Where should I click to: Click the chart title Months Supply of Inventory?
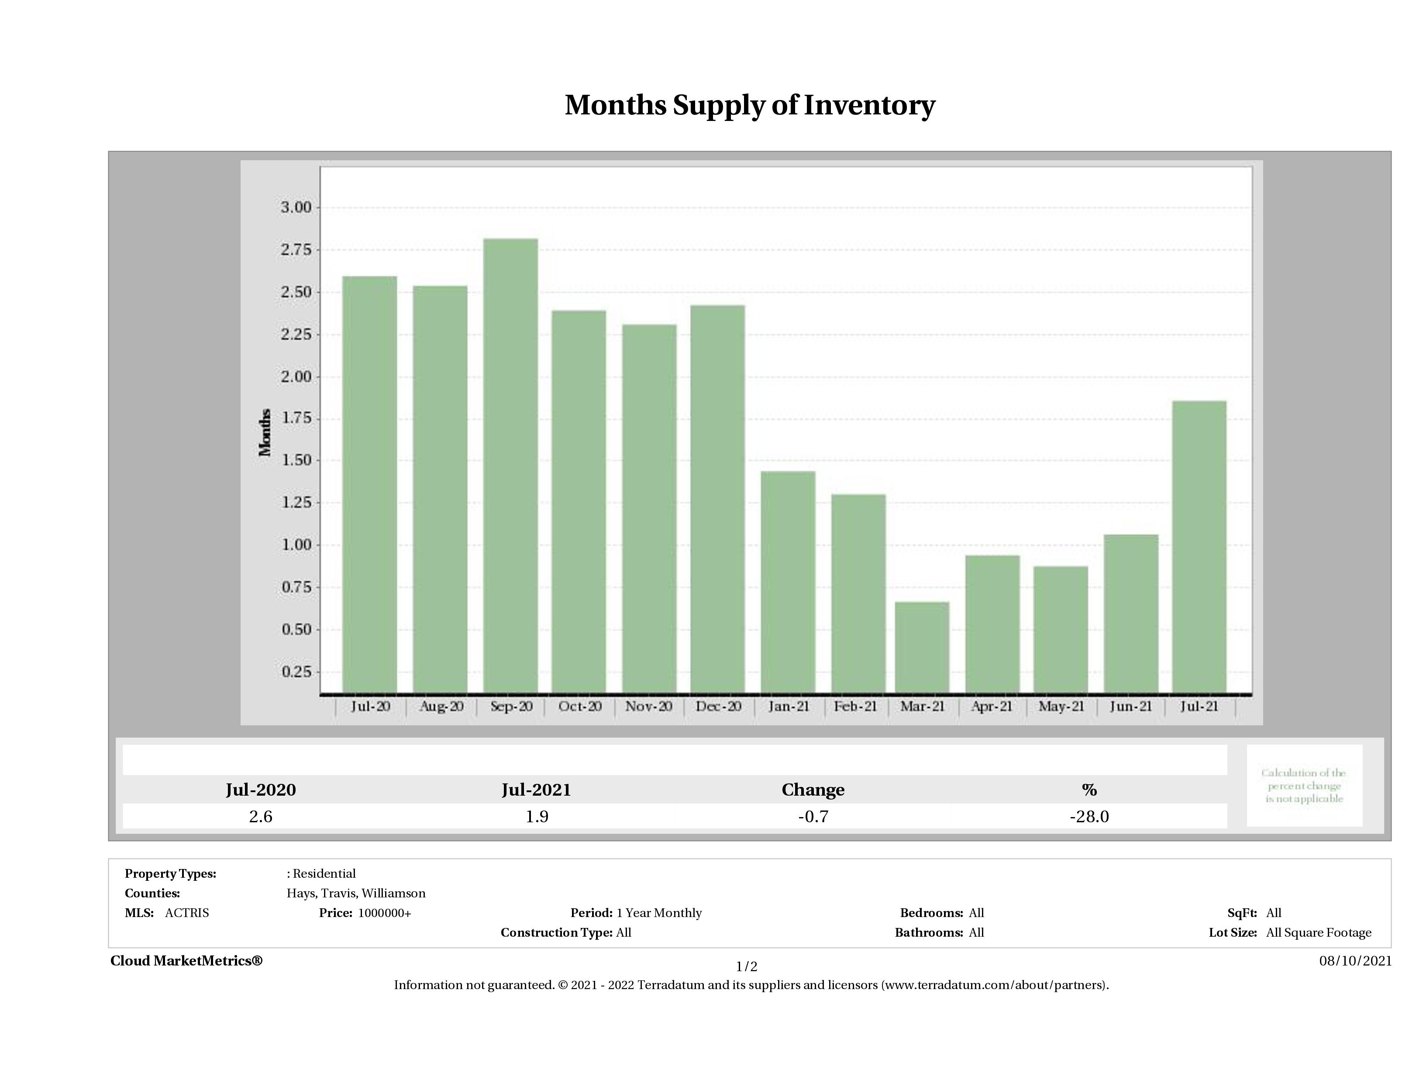750,105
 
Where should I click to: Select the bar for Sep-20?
510,465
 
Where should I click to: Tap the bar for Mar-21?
922,647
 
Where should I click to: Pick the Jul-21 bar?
1199,547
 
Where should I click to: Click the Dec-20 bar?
717,498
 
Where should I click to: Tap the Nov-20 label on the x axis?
648,707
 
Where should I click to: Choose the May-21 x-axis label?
1061,707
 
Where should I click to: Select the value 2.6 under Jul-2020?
261,817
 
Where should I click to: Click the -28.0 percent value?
1089,817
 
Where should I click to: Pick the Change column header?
813,790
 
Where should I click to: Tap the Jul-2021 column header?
536,790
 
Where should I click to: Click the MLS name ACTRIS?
186,913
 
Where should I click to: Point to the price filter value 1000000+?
384,913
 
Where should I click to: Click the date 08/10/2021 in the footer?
1355,961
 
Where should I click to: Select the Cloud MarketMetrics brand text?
186,961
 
